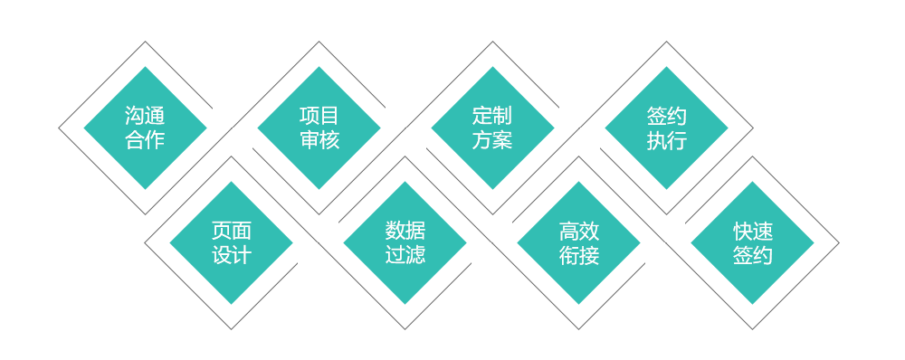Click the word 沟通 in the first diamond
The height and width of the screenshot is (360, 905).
145,116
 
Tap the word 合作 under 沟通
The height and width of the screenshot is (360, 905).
145,140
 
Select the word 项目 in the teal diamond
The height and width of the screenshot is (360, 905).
319,116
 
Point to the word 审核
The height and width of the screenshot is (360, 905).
319,140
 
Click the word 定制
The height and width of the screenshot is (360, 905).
492,116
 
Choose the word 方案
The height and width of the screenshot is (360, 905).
492,140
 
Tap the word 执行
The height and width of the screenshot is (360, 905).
667,140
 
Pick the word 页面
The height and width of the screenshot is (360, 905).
232,232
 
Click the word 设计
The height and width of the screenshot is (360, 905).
232,256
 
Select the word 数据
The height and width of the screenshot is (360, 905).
405,232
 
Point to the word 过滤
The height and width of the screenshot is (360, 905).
405,256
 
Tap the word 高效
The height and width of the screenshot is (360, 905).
579,232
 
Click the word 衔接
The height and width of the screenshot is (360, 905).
579,256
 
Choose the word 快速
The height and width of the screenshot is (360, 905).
753,232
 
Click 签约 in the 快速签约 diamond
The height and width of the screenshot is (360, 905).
753,256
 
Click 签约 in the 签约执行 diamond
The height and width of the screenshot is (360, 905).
667,116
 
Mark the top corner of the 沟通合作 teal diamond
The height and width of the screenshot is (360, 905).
145,67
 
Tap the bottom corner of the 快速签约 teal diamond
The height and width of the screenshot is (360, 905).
753,303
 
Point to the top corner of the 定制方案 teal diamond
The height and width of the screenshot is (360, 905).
492,67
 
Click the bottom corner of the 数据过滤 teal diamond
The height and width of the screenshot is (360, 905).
405,303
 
